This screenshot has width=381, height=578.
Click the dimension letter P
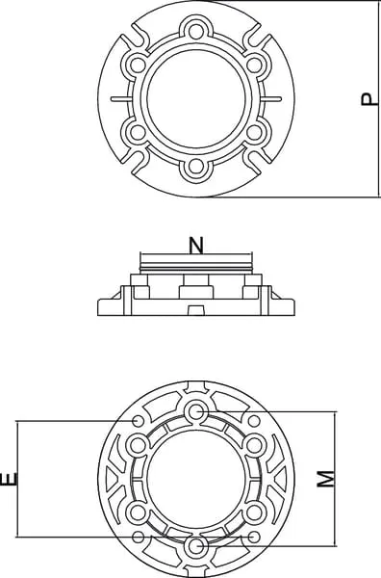point(369,99)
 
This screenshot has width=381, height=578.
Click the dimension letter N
point(196,246)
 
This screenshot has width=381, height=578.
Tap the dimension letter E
point(10,479)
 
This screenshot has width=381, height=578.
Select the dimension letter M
point(326,479)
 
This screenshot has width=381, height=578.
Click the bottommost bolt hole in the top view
point(196,167)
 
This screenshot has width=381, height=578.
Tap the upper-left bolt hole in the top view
point(138,65)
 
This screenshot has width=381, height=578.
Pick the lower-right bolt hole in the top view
point(254,132)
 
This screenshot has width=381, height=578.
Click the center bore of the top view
point(196,98)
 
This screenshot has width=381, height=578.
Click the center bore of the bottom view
point(196,479)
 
